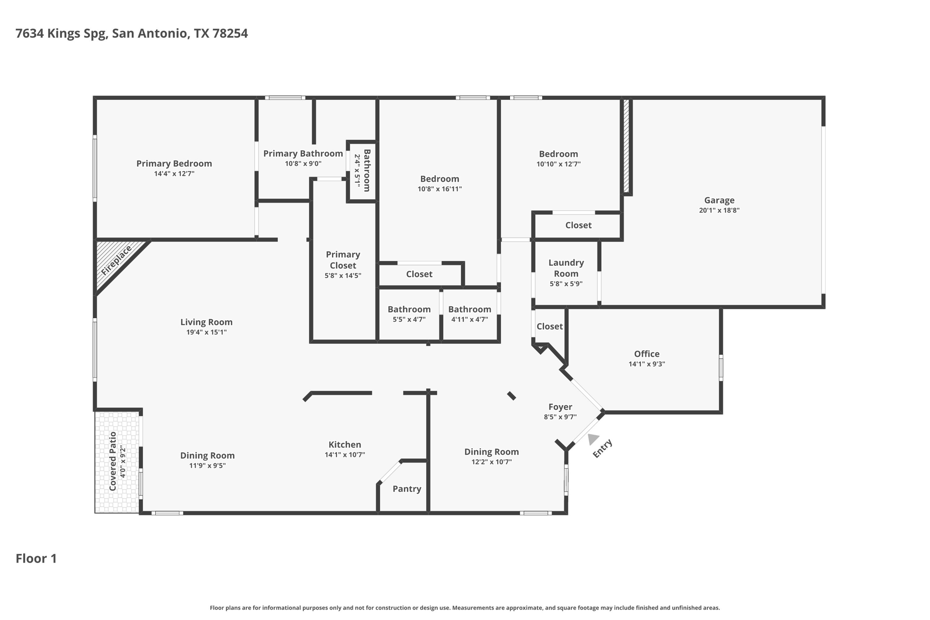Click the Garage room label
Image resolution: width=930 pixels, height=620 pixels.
point(719,200)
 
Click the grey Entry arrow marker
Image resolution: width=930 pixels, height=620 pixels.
point(592,439)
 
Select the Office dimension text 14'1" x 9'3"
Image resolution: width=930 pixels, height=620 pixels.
point(647,364)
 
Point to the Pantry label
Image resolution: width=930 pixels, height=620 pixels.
point(407,489)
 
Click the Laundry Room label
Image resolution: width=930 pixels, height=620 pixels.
point(566,268)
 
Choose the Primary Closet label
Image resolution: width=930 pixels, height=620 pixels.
point(343,260)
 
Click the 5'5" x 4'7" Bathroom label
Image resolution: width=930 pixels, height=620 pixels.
point(409,309)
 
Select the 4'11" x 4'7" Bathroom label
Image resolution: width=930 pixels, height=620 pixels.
point(470,309)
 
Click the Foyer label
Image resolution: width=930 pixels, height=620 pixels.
point(560,407)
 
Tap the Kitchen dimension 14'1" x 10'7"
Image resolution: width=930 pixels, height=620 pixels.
point(345,455)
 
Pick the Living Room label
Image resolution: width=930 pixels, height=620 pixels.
point(206,322)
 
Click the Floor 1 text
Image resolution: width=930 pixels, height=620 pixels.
point(36,559)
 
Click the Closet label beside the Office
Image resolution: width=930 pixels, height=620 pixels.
point(549,326)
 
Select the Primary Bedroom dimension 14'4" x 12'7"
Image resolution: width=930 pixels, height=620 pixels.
point(174,174)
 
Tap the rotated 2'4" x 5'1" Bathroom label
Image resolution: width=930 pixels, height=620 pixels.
point(362,171)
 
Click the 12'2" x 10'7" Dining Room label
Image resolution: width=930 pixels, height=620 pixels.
point(491,452)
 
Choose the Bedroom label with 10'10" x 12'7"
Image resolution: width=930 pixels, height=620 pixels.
point(558,154)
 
